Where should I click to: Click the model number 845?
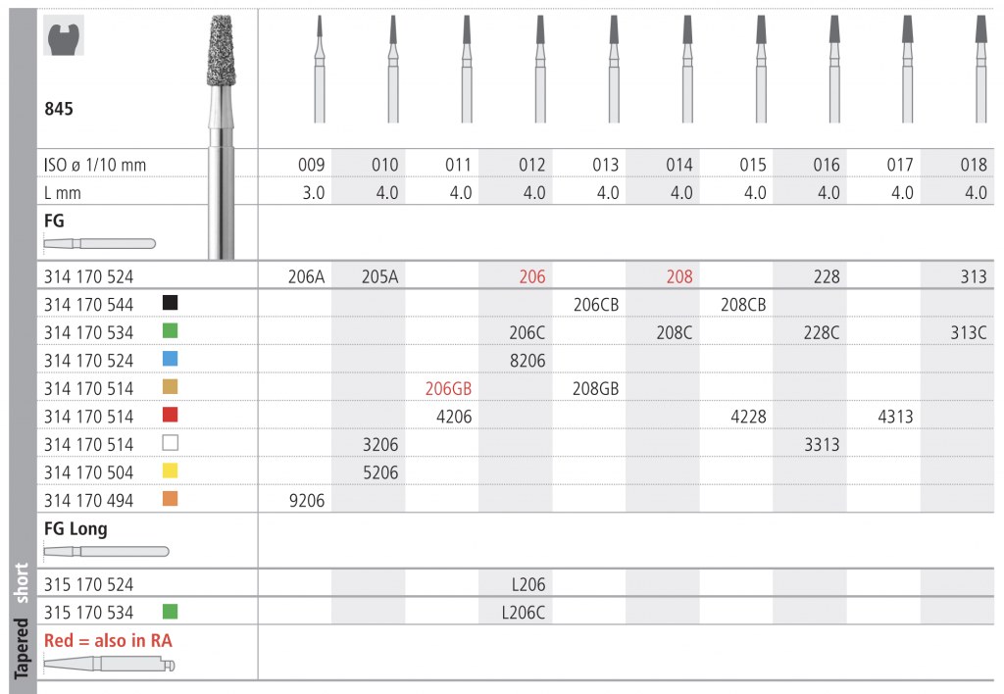[x=59, y=109]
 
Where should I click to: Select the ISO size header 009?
[x=311, y=166]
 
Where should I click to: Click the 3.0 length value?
[x=314, y=193]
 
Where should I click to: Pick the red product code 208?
[x=679, y=276]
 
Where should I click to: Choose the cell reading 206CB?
[x=596, y=305]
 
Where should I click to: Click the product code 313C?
[x=968, y=332]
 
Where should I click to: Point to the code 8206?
[x=527, y=361]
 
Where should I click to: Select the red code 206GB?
[x=448, y=388]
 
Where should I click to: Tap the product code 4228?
[x=748, y=417]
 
